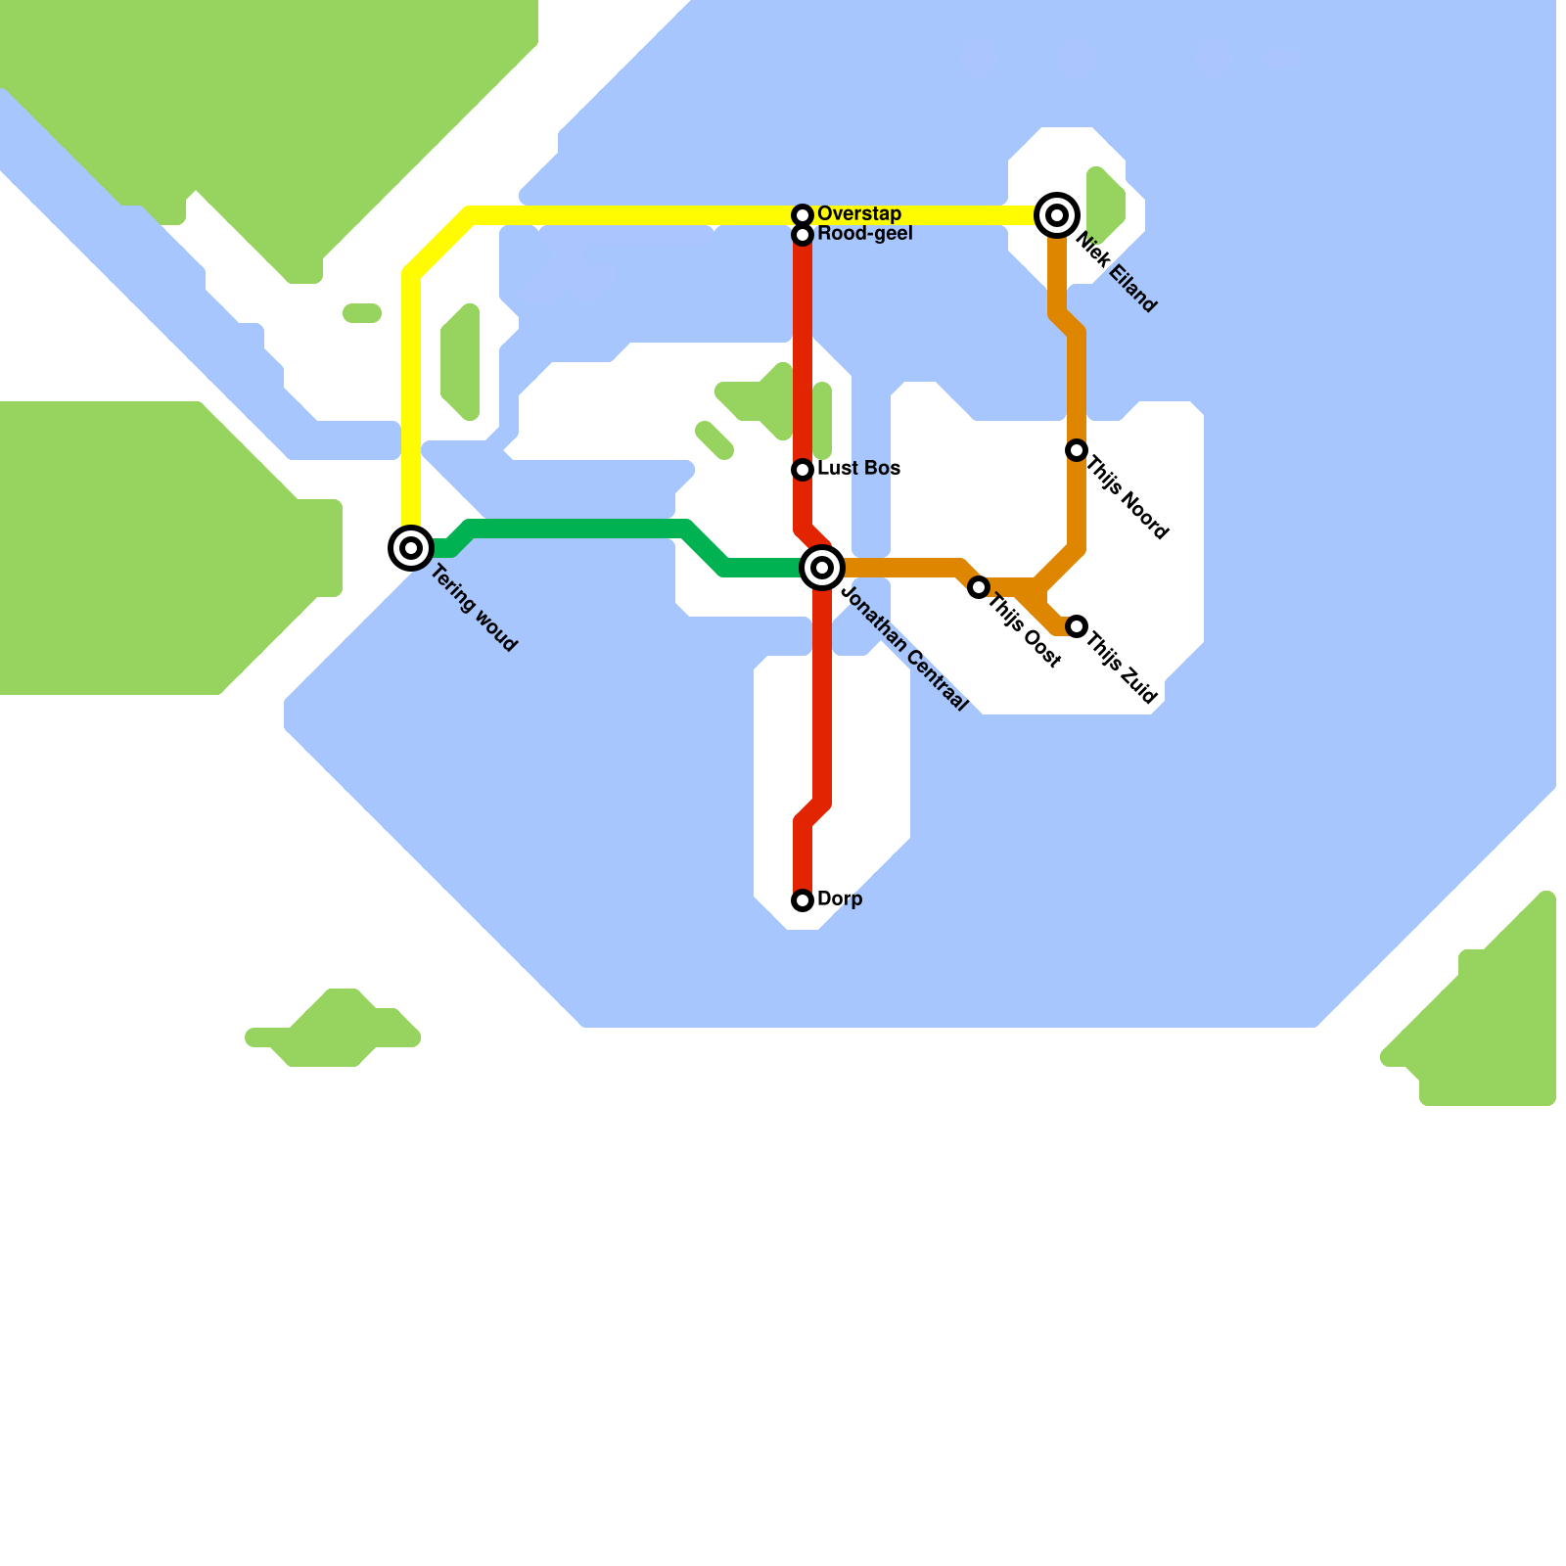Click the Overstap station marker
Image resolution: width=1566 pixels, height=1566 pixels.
[x=803, y=214]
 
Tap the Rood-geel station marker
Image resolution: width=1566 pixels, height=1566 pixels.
[x=803, y=235]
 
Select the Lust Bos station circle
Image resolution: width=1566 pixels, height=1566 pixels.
[x=803, y=470]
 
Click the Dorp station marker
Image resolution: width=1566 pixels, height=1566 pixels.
[x=803, y=900]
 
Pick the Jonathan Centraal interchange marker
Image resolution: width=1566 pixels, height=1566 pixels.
[x=822, y=568]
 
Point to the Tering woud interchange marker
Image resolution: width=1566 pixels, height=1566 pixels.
[x=411, y=548]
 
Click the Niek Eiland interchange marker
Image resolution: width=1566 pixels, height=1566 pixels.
[x=1057, y=215]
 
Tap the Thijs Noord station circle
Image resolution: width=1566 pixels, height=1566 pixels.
[x=1077, y=450]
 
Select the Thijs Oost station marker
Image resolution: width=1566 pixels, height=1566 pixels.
[x=978, y=587]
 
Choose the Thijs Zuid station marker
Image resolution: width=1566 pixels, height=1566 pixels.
[x=1077, y=626]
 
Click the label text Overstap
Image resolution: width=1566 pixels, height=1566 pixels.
[x=859, y=213]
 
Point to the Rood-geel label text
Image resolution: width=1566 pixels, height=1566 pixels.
[x=865, y=233]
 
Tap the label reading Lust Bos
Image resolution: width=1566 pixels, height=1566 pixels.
[x=859, y=468]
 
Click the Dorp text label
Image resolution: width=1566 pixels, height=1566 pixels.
[x=840, y=898]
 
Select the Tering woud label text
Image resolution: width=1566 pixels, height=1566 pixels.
[x=474, y=610]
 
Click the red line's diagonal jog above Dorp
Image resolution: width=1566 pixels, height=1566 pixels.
[x=813, y=813]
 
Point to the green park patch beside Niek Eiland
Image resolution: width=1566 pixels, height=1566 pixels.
[x=1105, y=203]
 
